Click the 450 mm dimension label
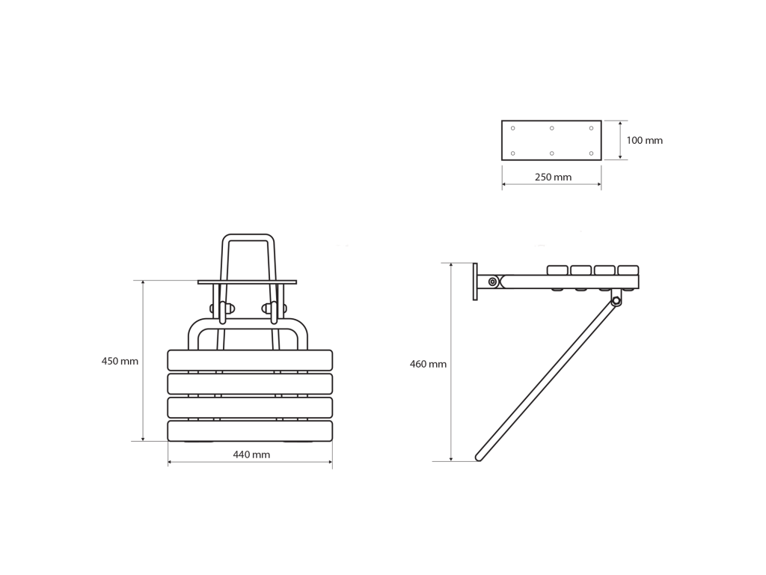pyautogui.click(x=120, y=362)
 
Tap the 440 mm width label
pyautogui.click(x=251, y=454)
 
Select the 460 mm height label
pyautogui.click(x=428, y=365)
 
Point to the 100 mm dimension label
pyautogui.click(x=644, y=140)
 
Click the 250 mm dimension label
pyautogui.click(x=553, y=177)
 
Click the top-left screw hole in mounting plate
pyautogui.click(x=513, y=128)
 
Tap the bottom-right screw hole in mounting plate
pyautogui.click(x=591, y=153)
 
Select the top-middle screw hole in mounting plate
pyautogui.click(x=551, y=128)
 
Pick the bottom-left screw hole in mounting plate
pyautogui.click(x=513, y=153)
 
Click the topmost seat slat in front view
pyautogui.click(x=250, y=360)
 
